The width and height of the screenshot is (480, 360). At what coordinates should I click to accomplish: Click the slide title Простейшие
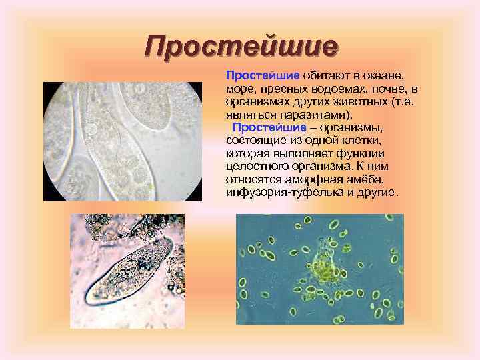[x=242, y=46]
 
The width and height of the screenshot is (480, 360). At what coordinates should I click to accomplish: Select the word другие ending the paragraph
[x=378, y=192]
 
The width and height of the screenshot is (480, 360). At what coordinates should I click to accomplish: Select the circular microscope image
[x=123, y=141]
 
